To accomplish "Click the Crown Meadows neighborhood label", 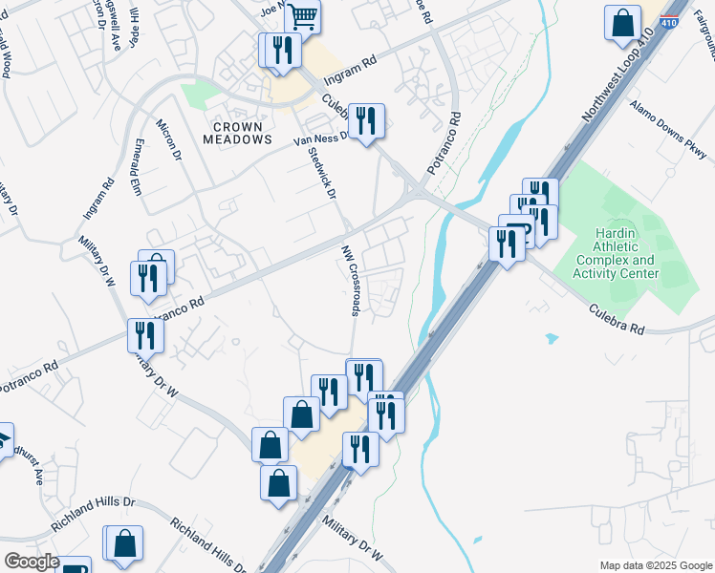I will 238,133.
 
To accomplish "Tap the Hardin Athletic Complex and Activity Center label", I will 616,253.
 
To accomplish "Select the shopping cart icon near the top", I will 303,14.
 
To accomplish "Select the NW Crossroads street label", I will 352,279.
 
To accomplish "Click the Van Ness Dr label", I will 319,141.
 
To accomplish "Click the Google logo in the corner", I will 31,561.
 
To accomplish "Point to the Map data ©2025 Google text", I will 656,565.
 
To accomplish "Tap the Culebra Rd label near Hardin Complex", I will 617,318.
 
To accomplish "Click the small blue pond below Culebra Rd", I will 551,338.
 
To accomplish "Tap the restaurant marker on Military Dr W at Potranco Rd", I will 145,335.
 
